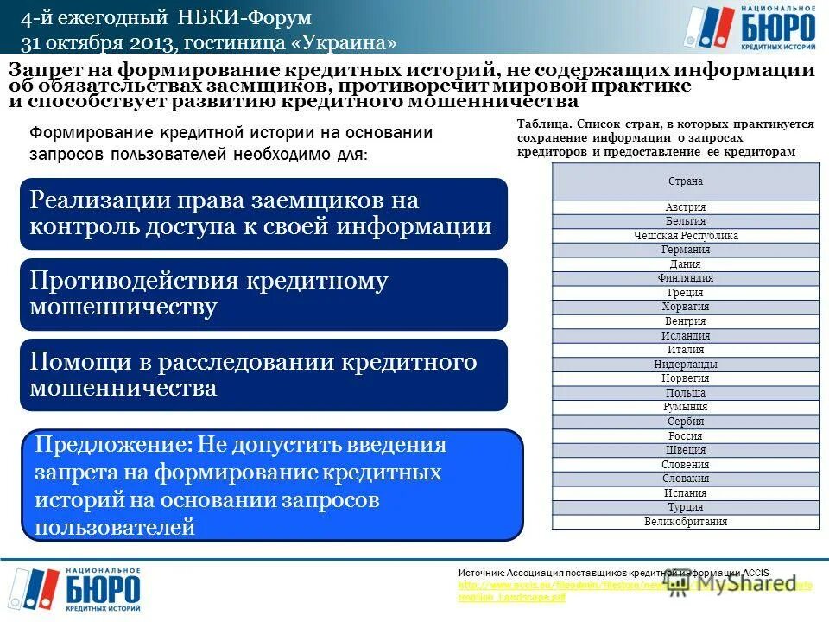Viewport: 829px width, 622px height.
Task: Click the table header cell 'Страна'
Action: [x=686, y=181]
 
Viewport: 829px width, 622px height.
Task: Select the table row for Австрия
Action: [x=686, y=207]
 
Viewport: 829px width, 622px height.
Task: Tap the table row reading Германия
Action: [x=686, y=250]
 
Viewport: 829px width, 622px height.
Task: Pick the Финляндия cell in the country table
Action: [x=686, y=278]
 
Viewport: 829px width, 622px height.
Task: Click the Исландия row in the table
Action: [x=686, y=336]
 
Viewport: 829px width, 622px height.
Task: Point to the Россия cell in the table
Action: [x=686, y=436]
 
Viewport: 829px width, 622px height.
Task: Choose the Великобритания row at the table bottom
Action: [x=686, y=522]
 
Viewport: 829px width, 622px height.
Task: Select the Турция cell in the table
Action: [x=686, y=507]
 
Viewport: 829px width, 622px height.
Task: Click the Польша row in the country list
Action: [x=686, y=393]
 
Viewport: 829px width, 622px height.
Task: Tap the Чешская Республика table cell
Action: [x=686, y=236]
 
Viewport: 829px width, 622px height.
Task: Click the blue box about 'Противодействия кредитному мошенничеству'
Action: [x=263, y=294]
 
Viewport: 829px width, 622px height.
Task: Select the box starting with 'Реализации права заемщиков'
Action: [x=263, y=213]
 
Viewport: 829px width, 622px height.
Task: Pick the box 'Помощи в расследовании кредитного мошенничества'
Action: [x=263, y=374]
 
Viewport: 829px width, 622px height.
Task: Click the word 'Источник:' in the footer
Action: [x=481, y=573]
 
